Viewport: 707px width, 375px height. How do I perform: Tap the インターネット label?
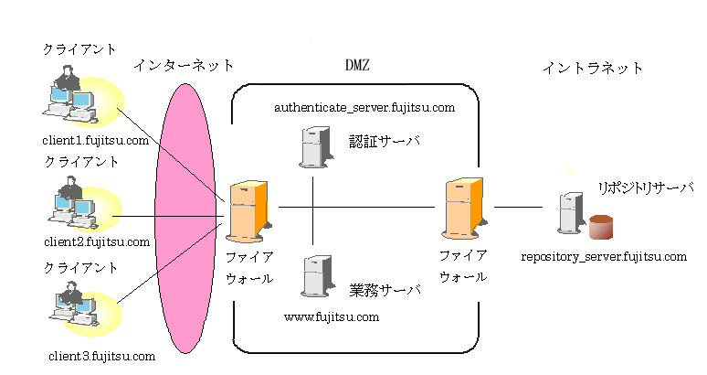click(184, 66)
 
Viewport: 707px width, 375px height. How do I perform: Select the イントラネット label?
click(593, 68)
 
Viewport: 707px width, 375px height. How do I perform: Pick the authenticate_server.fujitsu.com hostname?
click(364, 108)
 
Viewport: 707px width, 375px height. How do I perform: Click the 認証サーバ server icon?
click(313, 147)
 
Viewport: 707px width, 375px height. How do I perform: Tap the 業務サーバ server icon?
click(313, 274)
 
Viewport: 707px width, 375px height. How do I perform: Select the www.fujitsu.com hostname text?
click(331, 317)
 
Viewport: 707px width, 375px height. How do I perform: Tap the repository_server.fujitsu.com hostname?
click(604, 256)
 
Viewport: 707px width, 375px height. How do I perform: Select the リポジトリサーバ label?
click(645, 187)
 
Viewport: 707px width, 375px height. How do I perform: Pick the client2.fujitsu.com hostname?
click(96, 241)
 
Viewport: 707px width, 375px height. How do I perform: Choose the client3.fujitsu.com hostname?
click(102, 355)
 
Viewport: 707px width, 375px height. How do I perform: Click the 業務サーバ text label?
click(385, 291)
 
